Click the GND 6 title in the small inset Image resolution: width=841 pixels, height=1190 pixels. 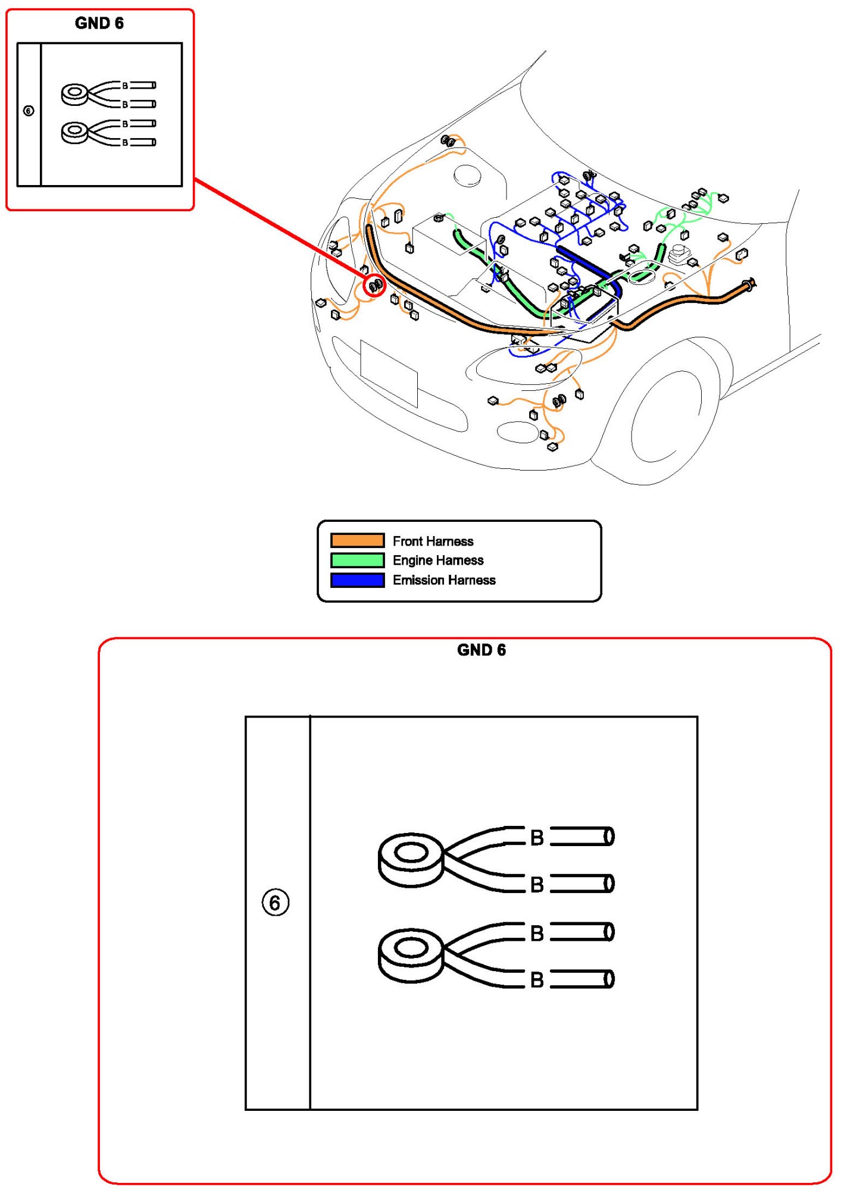(99, 23)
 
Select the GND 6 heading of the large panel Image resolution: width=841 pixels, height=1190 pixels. (481, 650)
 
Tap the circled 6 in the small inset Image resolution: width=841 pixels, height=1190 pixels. (29, 111)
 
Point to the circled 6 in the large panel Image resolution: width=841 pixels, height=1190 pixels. (276, 903)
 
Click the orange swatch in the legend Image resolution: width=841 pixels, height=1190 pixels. (357, 540)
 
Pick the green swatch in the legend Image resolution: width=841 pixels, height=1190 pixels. (357, 560)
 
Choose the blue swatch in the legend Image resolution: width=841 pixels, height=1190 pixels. (357, 580)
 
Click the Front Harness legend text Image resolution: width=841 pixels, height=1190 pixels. (433, 541)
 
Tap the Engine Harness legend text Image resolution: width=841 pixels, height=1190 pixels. (438, 560)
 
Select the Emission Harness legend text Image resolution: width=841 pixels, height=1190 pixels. (444, 580)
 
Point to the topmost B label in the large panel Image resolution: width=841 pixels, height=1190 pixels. (537, 838)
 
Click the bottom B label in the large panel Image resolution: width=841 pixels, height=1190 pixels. (537, 979)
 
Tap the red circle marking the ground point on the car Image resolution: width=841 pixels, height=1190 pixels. (374, 286)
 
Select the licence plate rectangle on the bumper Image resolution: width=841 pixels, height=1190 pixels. (389, 373)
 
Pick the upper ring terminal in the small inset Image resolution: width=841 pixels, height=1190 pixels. (75, 94)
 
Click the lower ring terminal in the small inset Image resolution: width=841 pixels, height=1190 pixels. (75, 132)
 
